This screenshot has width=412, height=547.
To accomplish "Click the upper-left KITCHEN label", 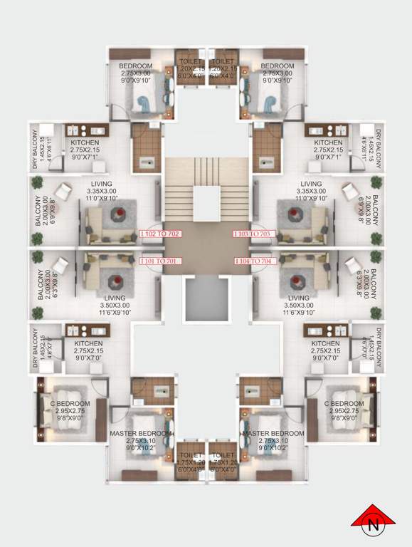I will point(85,142).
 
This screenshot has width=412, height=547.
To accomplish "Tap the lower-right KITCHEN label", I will point(324,344).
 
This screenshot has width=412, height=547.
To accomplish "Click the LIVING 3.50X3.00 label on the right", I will point(299,298).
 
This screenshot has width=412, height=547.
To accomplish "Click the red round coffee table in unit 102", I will point(122,212).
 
